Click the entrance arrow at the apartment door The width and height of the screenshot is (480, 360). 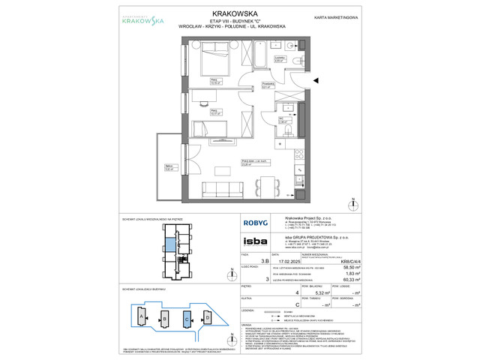point(316,79)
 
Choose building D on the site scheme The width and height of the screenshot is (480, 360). point(207,317)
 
